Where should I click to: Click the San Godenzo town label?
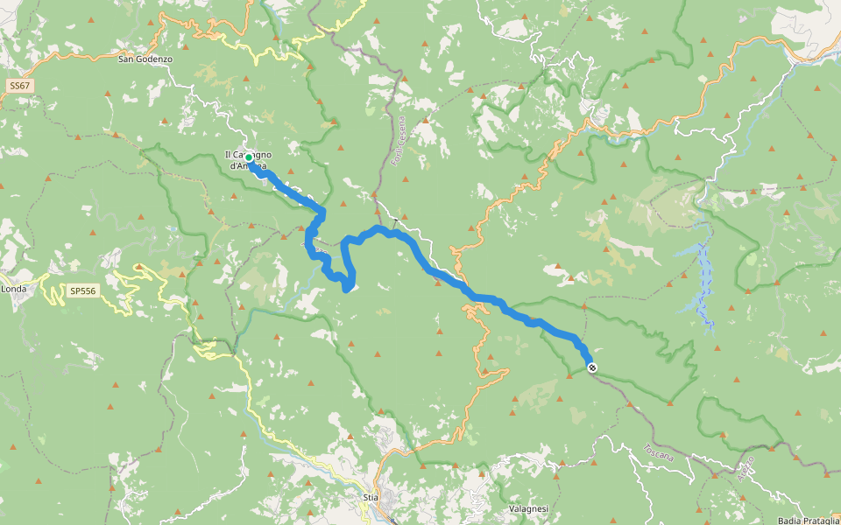[x=145, y=59]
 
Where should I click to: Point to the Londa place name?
[x=14, y=288]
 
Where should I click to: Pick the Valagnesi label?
[x=528, y=508]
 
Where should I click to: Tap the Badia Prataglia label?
[x=808, y=521]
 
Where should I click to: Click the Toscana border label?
[x=657, y=453]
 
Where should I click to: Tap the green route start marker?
[x=249, y=157]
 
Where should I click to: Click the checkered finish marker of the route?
[x=593, y=367]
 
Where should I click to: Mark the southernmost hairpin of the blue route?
[x=348, y=288]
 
